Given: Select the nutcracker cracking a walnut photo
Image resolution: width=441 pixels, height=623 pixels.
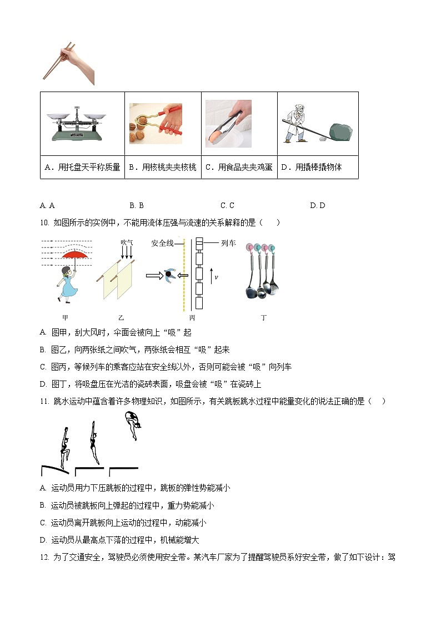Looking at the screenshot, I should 163,123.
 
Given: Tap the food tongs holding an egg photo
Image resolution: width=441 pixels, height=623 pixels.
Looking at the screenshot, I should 228,123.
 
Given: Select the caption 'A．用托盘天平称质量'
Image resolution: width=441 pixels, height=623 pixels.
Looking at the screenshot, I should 82,167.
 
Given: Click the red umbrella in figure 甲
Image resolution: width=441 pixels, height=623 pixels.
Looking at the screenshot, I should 77,256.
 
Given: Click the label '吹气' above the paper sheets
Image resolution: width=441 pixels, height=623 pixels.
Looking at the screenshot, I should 127,242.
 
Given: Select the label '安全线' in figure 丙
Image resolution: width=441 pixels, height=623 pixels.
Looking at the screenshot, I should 162,243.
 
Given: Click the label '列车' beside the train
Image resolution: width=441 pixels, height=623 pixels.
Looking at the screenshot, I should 228,243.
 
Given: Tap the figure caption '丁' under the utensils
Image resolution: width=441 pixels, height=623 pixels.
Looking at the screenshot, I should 263,318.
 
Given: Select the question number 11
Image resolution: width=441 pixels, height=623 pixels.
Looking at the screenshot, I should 44,401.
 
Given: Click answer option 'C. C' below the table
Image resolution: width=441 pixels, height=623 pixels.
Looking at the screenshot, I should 227,205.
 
